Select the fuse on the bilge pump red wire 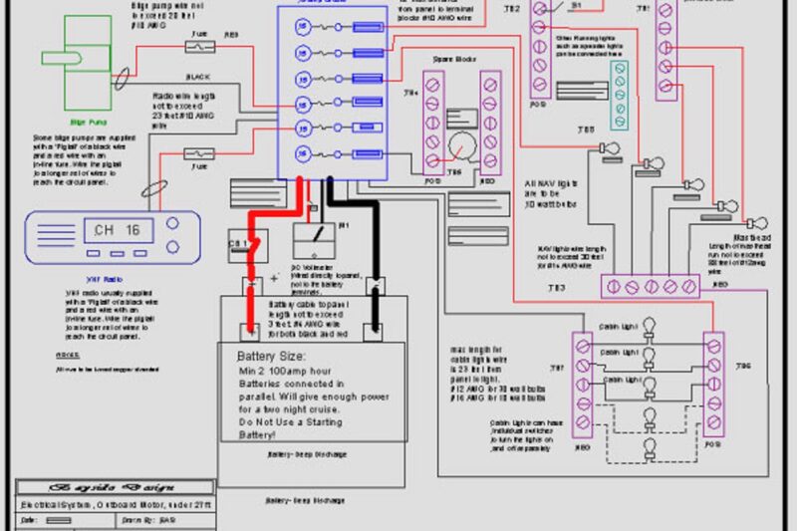coord(198,46)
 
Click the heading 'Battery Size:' coord(271,357)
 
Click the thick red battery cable coord(251,269)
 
